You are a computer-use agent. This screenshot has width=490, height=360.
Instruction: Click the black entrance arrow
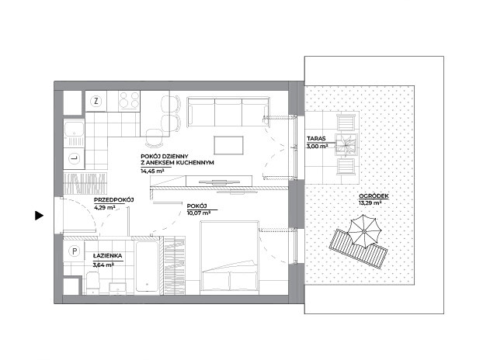click(39, 216)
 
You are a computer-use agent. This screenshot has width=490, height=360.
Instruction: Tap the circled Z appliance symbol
click(96, 101)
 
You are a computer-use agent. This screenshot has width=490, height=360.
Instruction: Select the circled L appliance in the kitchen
click(75, 158)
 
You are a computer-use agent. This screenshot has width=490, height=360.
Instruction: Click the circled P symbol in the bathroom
click(74, 251)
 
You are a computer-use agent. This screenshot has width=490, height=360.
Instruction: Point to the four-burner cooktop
click(129, 101)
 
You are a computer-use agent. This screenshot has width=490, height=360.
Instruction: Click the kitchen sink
click(74, 133)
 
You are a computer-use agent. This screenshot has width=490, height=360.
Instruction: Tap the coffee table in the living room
click(228, 145)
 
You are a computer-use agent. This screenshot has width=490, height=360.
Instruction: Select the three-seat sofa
click(228, 112)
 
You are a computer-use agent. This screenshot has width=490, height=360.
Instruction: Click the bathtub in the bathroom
click(147, 267)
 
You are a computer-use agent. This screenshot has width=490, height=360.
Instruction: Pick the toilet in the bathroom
click(92, 282)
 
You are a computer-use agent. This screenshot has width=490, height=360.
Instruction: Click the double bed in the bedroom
click(230, 258)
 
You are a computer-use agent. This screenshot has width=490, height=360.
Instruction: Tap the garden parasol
click(364, 232)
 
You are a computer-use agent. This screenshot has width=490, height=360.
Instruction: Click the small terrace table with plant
click(346, 144)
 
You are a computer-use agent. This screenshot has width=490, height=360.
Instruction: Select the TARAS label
click(316, 138)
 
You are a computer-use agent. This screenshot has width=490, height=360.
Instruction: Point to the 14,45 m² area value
click(152, 171)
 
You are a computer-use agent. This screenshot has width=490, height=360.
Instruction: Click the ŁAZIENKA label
click(107, 256)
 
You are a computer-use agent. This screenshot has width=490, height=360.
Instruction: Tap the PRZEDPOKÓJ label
click(113, 200)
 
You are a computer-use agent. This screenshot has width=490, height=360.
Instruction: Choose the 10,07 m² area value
click(199, 213)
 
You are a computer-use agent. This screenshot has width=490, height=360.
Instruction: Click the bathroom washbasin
click(118, 289)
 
